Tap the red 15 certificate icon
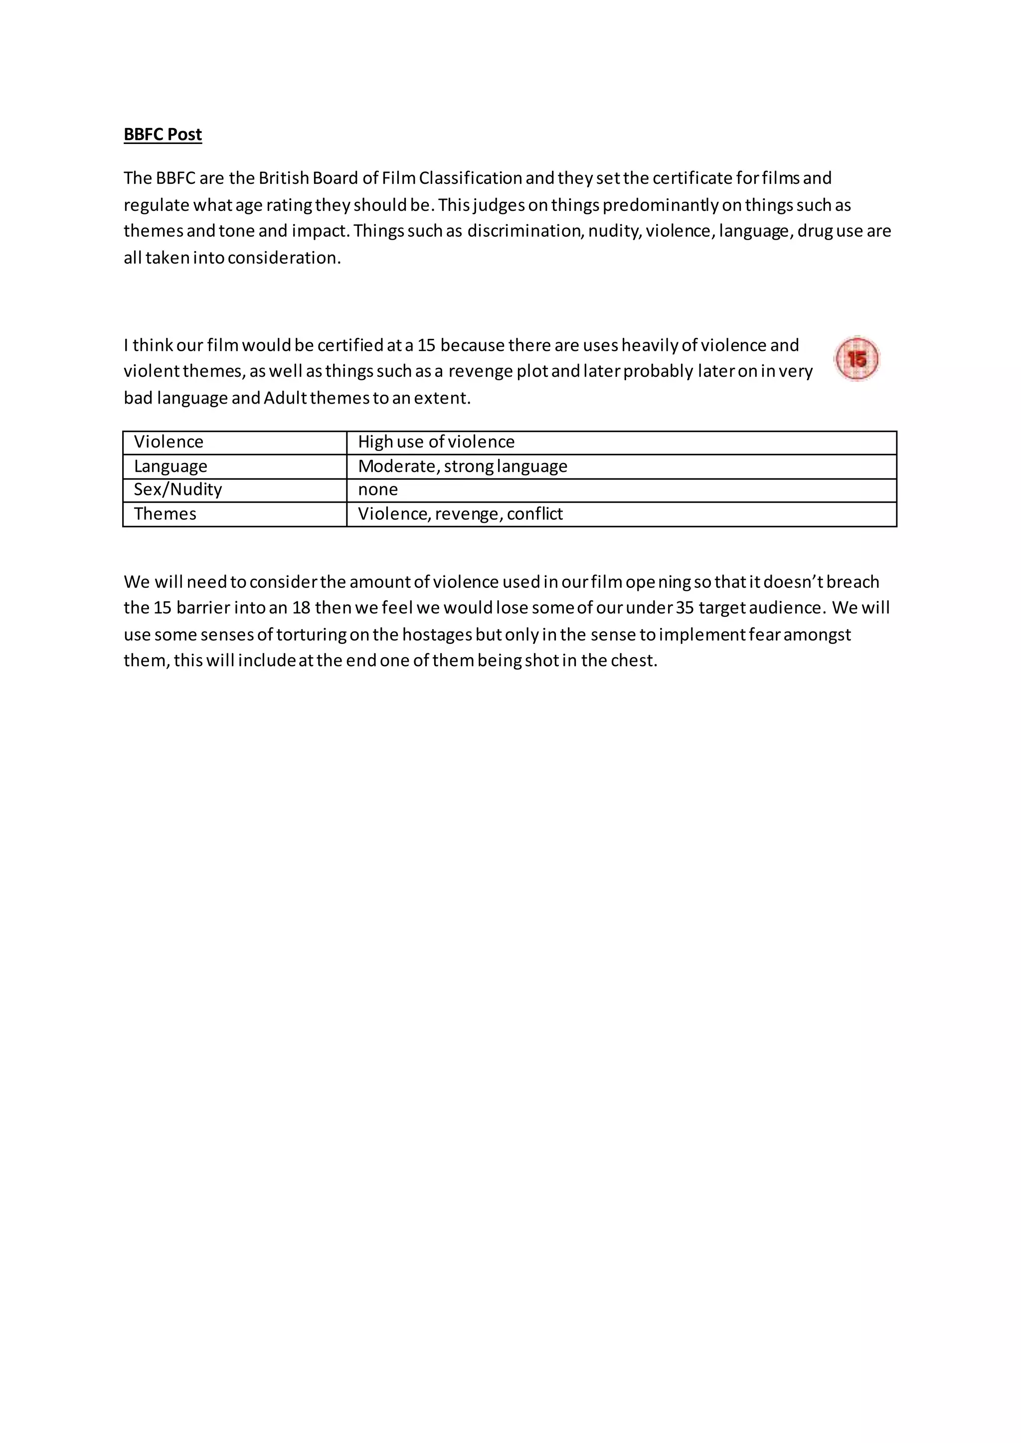tap(856, 359)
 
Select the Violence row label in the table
tap(169, 442)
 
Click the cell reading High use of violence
tap(436, 442)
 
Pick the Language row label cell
tap(170, 466)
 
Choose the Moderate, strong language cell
tap(463, 466)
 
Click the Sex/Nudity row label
tap(178, 490)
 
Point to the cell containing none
tap(378, 490)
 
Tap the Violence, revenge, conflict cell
tap(460, 514)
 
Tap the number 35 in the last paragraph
tap(684, 608)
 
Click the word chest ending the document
tap(634, 661)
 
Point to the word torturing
tap(311, 635)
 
